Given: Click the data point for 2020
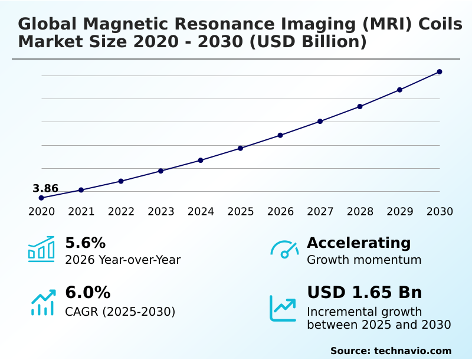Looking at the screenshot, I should [41, 198].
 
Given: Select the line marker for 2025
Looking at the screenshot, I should [241, 148].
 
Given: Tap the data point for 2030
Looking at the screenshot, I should [440, 72].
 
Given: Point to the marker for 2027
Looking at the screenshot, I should [320, 122].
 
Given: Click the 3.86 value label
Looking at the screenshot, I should [45, 189].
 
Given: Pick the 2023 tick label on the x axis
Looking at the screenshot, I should [161, 212].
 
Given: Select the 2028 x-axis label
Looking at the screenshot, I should [360, 212].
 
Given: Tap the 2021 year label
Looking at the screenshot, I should [81, 212].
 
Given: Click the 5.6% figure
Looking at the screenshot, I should [85, 243].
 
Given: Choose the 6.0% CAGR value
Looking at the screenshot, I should [87, 293].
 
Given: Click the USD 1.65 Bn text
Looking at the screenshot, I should [364, 293].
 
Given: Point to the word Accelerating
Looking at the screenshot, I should [359, 243].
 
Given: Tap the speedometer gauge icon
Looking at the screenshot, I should [284, 249].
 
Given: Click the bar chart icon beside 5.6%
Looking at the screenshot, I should [41, 249].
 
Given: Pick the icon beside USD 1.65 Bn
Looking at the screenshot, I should [283, 308].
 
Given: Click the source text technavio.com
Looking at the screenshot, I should [412, 351].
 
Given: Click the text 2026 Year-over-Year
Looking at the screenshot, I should [123, 260].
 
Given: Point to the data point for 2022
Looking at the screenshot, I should [121, 181].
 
